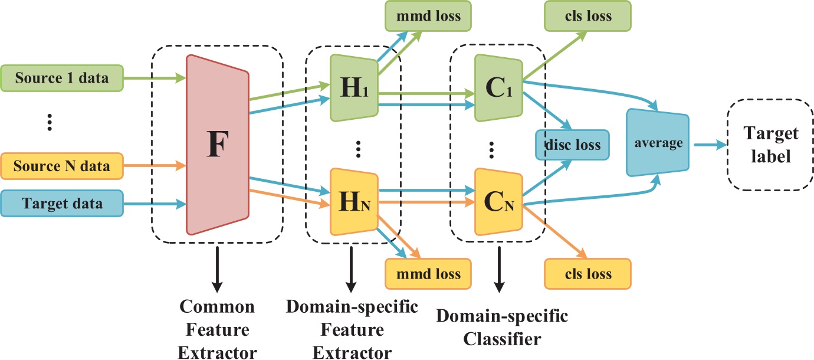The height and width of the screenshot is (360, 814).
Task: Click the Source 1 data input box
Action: click(62, 77)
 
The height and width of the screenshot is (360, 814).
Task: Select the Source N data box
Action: click(62, 166)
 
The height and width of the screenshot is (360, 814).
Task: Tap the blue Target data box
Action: click(62, 204)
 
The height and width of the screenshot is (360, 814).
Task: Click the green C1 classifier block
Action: click(498, 87)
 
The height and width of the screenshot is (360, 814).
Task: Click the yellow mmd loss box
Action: click(428, 274)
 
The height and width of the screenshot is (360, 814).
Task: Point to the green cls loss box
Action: click(587, 16)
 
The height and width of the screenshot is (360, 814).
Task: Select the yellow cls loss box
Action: click(587, 274)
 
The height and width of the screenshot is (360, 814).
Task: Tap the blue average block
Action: click(658, 143)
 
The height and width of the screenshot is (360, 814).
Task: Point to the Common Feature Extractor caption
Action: click(217, 329)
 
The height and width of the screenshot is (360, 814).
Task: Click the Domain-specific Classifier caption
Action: click(502, 328)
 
